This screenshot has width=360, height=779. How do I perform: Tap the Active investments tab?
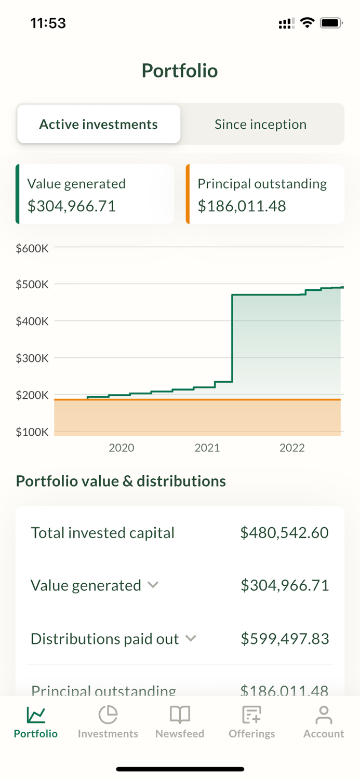(99, 124)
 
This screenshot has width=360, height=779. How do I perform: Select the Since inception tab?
(261, 124)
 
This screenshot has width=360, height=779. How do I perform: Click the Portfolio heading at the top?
(180, 71)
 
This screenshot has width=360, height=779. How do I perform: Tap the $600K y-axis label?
(32, 248)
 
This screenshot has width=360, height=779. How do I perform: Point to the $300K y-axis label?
(32, 358)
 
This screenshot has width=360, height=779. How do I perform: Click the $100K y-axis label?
(32, 432)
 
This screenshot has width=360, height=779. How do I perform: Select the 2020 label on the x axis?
(122, 448)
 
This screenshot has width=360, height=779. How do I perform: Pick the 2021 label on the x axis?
(207, 448)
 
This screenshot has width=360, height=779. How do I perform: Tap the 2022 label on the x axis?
(292, 448)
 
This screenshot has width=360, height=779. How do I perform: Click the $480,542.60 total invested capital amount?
(284, 533)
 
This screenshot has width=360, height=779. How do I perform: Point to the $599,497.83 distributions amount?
(285, 639)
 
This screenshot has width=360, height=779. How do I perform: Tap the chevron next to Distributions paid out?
(191, 638)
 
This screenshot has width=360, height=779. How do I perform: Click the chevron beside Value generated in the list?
(153, 585)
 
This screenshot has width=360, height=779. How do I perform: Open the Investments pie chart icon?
(108, 715)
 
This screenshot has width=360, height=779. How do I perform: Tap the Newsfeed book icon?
(180, 715)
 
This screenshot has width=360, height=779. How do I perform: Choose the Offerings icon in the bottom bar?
(252, 715)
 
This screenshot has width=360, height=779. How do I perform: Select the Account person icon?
(324, 715)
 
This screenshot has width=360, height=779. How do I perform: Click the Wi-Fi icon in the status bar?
(308, 23)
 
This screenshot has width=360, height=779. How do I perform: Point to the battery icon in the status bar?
(331, 23)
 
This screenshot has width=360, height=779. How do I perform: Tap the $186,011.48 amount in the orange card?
(242, 206)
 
